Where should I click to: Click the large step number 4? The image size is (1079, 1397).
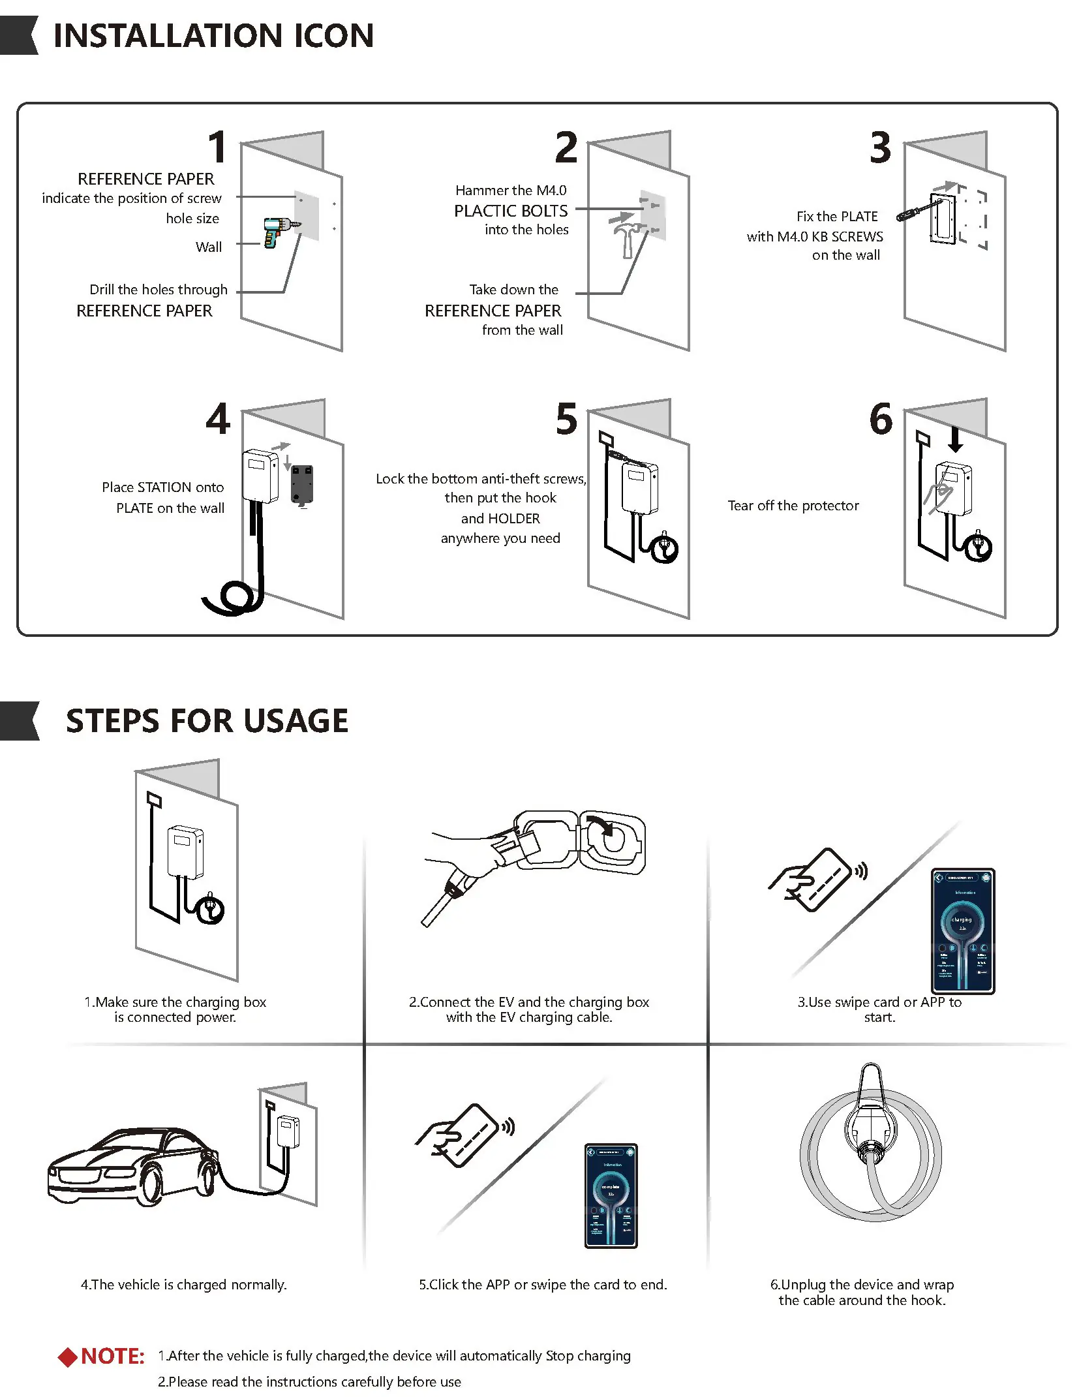click(x=218, y=419)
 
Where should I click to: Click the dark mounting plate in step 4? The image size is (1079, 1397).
click(x=301, y=484)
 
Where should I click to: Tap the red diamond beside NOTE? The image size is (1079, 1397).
click(x=67, y=1357)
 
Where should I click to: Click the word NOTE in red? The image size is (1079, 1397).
click(x=112, y=1357)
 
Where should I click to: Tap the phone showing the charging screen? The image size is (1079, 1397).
click(x=963, y=931)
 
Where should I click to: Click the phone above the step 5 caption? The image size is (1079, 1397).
click(x=611, y=1195)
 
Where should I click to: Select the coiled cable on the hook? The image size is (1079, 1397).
click(x=871, y=1158)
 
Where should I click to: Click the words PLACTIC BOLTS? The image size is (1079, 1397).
click(x=511, y=211)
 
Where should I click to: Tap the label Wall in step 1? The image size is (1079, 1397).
click(x=209, y=247)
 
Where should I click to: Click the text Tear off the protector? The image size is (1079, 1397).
click(x=793, y=506)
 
